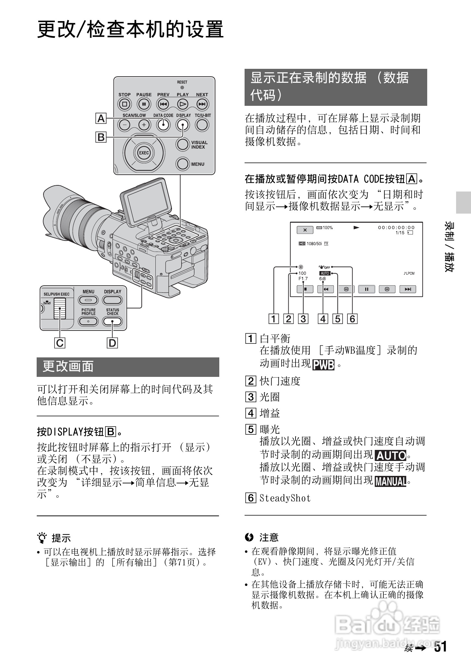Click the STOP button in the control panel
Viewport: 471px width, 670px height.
point(124,104)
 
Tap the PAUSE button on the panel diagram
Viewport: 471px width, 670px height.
point(144,104)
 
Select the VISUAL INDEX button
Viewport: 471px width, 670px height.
point(183,144)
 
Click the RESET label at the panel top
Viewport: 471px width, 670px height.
point(182,82)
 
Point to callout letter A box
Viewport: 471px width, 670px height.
point(101,118)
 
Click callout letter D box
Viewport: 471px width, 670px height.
point(112,343)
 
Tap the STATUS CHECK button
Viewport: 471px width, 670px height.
point(112,321)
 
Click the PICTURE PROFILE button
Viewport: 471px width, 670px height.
point(88,321)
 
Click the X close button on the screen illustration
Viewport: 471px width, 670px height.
point(305,230)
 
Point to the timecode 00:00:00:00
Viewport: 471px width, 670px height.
point(396,228)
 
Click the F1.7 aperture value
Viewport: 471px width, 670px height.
point(303,279)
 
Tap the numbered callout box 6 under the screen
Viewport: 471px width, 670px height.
point(352,319)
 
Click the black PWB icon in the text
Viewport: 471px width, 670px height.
point(323,365)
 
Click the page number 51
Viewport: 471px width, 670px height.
point(441,647)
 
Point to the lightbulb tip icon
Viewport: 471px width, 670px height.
point(42,538)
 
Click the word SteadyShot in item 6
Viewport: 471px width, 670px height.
point(285,498)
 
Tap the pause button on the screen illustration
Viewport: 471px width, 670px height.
point(367,289)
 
